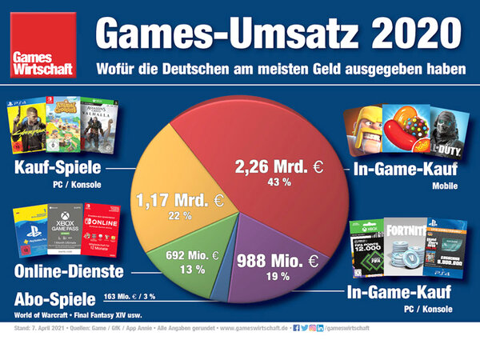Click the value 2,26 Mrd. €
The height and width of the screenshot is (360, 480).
(276, 167)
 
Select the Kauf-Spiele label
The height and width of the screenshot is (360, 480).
(56, 170)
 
